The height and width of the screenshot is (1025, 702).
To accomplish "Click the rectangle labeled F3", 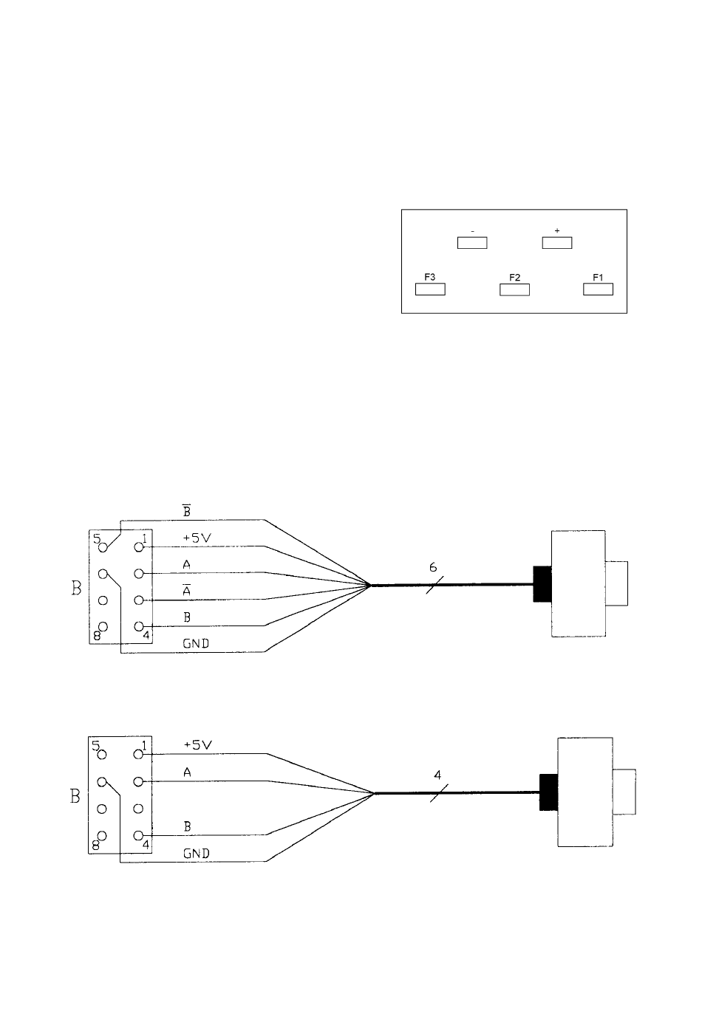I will point(430,289).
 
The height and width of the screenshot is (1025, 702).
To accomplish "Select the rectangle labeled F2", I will point(514,289).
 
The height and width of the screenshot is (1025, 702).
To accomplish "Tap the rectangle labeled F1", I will point(598,289).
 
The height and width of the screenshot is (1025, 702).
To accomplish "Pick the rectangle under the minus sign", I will point(471,242).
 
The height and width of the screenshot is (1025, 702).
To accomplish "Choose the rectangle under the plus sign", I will point(556,242).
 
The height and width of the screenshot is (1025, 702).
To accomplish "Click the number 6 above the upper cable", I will point(434,567).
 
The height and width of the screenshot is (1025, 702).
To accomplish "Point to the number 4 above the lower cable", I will point(437,775).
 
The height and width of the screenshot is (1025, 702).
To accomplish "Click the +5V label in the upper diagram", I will point(197,538).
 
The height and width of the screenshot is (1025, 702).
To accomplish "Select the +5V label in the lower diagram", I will point(197,745).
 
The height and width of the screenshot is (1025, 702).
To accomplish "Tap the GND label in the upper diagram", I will point(196,643).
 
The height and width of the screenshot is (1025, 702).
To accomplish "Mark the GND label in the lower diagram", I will point(196,853).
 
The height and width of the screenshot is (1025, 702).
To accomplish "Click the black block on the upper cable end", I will point(542,583).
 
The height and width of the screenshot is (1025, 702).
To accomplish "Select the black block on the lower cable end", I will point(548,792).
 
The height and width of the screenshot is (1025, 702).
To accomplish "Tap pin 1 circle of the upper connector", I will point(137,547).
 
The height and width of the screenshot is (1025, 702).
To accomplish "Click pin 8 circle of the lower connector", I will point(103,836).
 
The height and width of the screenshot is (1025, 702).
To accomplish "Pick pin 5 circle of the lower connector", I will point(103,755).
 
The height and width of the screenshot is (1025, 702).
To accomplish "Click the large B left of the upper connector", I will point(75,589).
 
